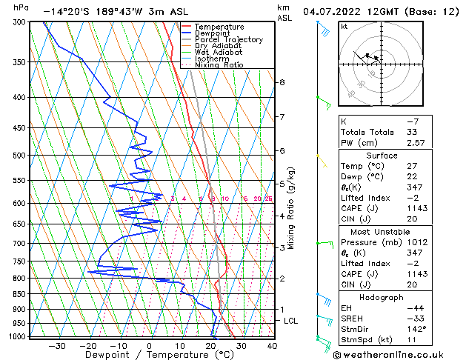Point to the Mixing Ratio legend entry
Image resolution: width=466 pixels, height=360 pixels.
219,65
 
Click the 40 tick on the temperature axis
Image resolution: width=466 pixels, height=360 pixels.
271,345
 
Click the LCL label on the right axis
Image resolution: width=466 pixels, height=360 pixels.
291,321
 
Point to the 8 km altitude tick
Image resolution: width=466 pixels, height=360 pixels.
282,82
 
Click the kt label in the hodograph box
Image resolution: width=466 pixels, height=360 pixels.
344,27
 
